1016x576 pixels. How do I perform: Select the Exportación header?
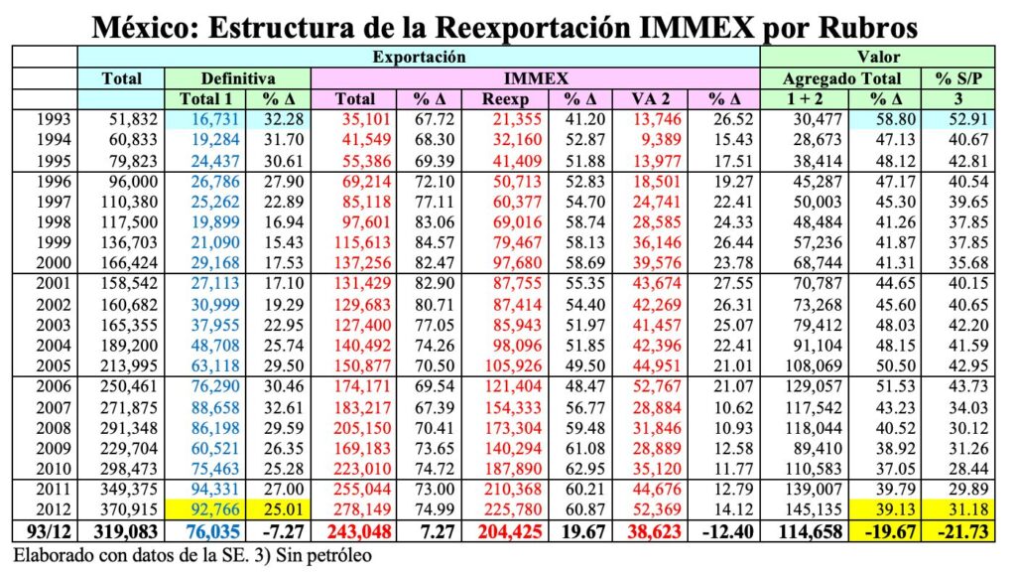pyautogui.click(x=418, y=58)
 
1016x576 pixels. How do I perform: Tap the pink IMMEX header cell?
pyautogui.click(x=535, y=77)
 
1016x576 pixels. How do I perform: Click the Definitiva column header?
pyautogui.click(x=238, y=77)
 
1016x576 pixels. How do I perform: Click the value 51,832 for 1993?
pyautogui.click(x=121, y=120)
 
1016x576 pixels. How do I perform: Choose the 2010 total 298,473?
pyautogui.click(x=121, y=469)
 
